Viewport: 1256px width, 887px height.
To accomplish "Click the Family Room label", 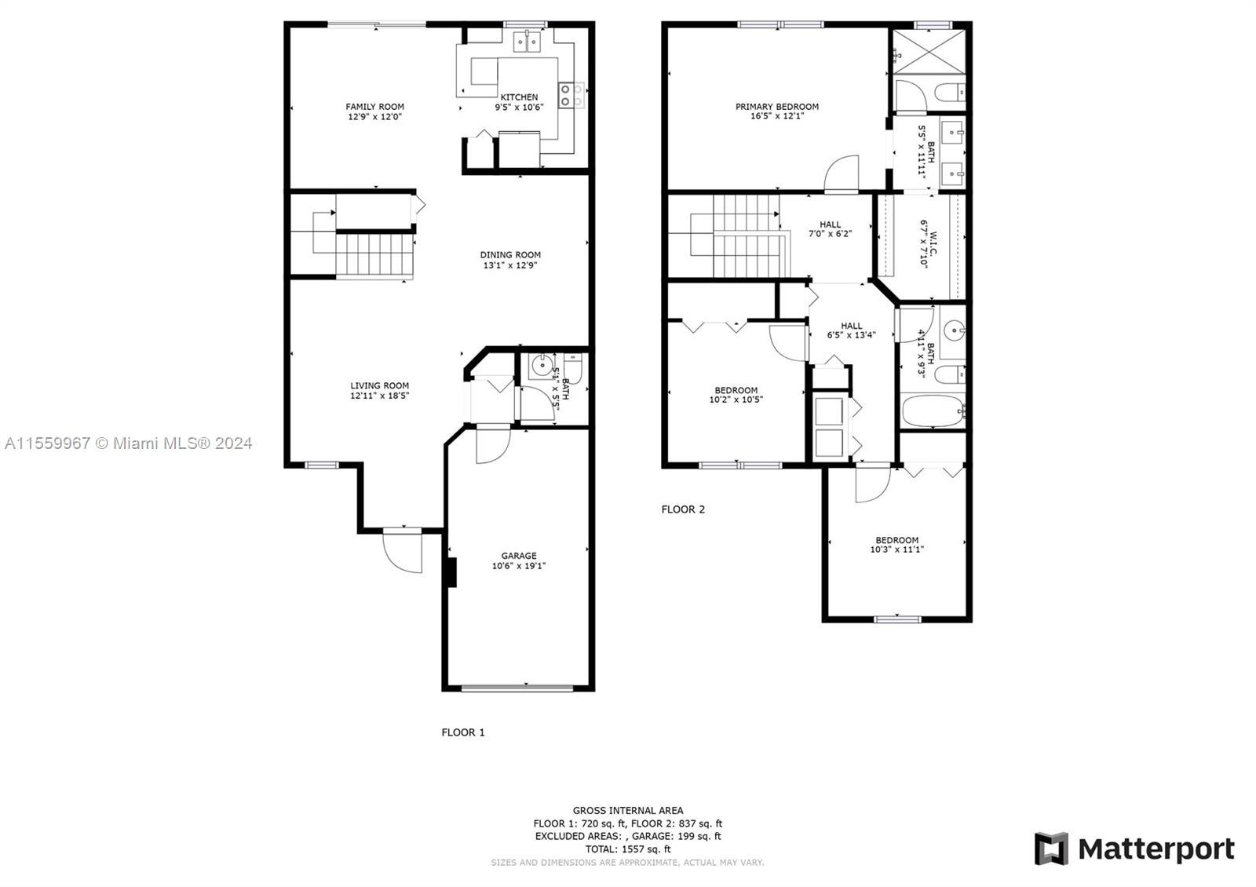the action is point(374,107).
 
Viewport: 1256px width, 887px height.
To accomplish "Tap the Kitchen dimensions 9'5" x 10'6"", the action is point(519,107).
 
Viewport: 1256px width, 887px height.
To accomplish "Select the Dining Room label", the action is point(510,254).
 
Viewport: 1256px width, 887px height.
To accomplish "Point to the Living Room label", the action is point(380,385).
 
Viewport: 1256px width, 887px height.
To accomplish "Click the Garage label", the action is point(519,556).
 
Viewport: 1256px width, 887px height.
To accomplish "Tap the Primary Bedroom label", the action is point(776,107).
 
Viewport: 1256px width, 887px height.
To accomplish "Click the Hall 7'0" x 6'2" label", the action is point(830,228).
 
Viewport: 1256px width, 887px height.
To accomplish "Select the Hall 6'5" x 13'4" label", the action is point(851,330).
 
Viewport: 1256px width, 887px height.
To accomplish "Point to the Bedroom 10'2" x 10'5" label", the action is point(736,395).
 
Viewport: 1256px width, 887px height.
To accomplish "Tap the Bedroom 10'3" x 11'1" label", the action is point(896,545).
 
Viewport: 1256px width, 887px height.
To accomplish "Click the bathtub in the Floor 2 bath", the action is point(933,411).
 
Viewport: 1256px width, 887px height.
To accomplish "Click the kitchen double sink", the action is point(527,42).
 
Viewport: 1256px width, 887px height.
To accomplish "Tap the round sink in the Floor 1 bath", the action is point(542,366).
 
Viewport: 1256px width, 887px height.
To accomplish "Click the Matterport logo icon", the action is point(1051,849).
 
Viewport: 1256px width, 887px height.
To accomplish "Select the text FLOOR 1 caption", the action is point(462,732).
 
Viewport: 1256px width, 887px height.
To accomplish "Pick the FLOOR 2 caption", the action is point(683,509).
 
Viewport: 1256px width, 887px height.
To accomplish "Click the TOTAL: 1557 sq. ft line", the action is point(628,849).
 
